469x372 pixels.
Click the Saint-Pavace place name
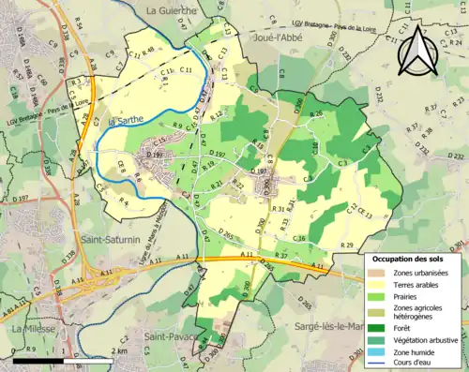[170, 335]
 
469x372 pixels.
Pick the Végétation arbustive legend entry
[426, 338]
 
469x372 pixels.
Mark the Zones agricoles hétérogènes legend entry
[419, 312]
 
